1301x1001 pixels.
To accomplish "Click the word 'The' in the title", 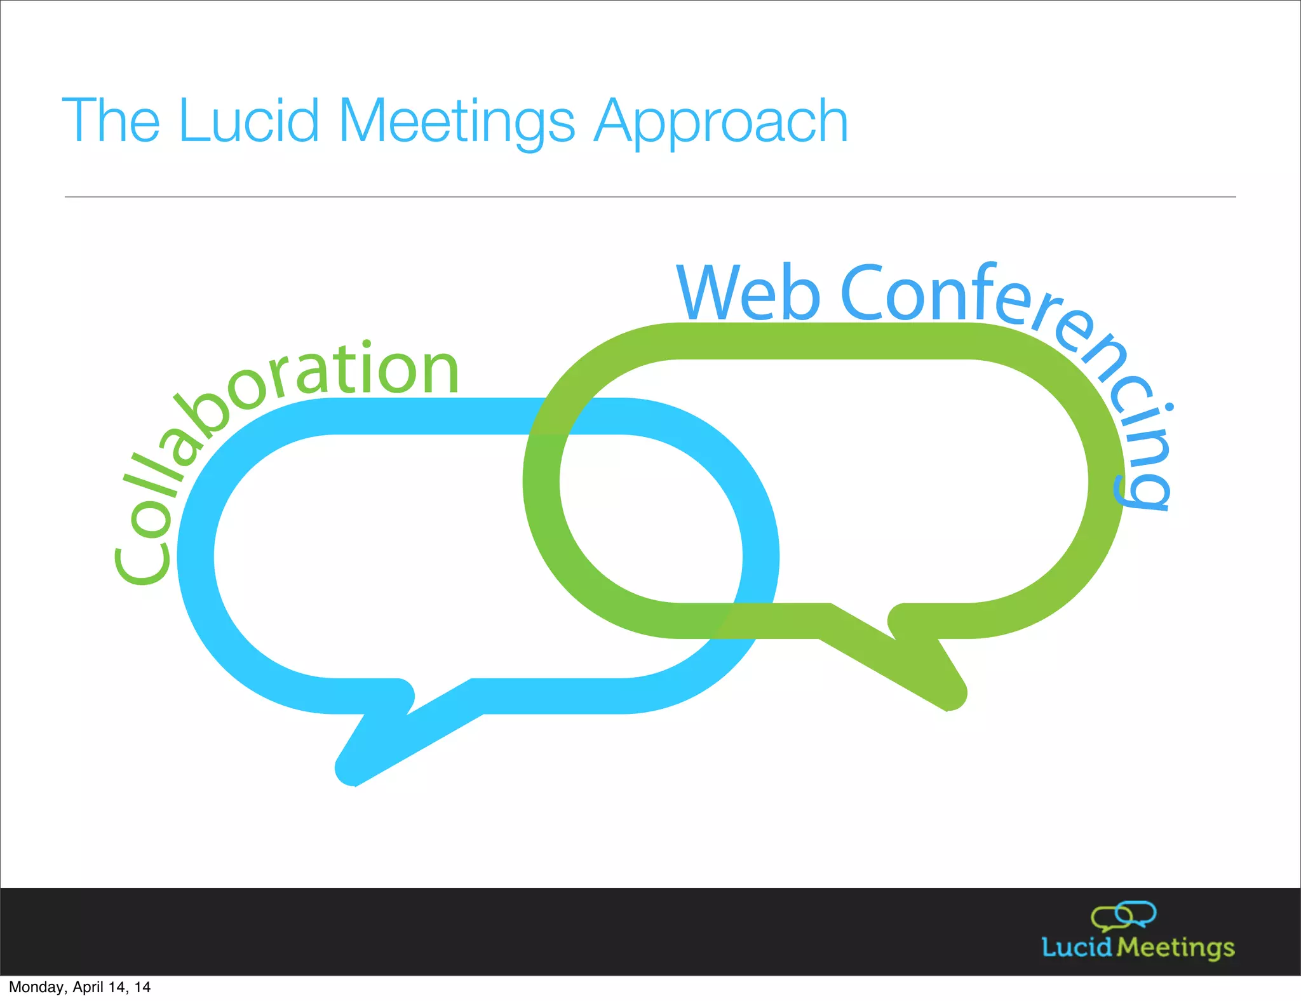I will [111, 120].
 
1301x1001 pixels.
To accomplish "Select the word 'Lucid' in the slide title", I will [248, 120].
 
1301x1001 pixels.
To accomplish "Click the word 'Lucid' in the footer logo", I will [1077, 947].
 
